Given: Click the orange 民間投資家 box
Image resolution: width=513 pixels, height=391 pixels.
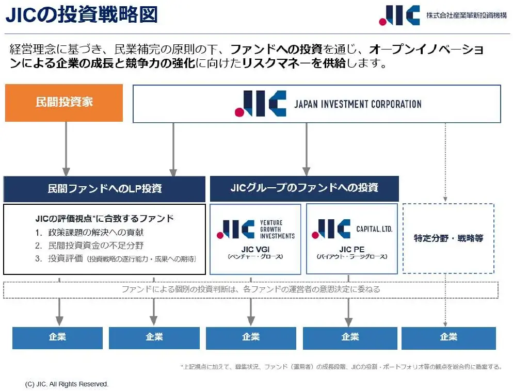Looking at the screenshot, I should click(64, 102).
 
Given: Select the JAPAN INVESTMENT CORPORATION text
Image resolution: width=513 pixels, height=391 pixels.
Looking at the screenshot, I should click(358, 104).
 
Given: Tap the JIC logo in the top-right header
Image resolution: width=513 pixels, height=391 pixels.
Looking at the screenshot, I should click(398, 15).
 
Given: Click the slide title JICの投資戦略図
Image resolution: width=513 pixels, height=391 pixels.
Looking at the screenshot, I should click(81, 15).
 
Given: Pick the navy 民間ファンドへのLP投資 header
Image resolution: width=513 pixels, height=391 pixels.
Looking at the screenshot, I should click(105, 189).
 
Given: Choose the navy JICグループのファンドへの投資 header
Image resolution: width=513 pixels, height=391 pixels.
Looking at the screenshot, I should click(304, 188).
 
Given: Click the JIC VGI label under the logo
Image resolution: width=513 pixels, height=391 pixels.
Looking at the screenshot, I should click(255, 249).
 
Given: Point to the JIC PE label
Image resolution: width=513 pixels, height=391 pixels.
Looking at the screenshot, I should click(351, 249).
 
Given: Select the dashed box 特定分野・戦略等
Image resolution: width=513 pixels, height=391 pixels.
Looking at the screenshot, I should click(448, 238).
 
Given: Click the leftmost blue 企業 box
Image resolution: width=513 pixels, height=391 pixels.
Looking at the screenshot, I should click(57, 337).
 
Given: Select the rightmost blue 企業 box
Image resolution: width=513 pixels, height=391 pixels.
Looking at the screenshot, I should click(448, 337).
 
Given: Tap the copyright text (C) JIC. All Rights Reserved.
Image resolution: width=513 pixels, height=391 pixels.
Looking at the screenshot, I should click(67, 384).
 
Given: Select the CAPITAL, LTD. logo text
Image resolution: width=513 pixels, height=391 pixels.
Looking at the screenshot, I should click(374, 229).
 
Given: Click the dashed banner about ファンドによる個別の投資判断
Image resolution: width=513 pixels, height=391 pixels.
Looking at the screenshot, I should click(251, 289).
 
